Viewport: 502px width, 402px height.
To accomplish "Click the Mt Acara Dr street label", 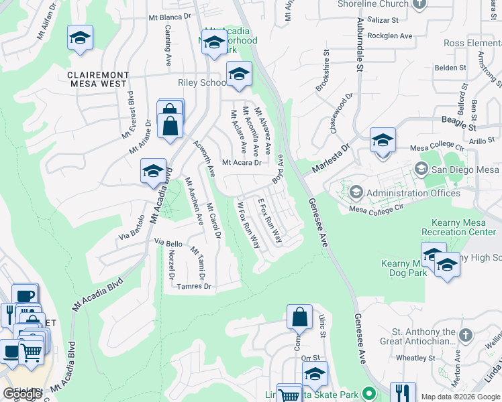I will [241, 162].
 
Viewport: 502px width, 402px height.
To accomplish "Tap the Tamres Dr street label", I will [194, 286].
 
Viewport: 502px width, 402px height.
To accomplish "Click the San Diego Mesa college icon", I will [421, 168].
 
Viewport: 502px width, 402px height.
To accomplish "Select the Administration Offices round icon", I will [356, 193].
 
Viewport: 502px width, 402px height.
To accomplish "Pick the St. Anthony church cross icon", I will [464, 333].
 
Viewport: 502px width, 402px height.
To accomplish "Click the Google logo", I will [23, 394].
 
